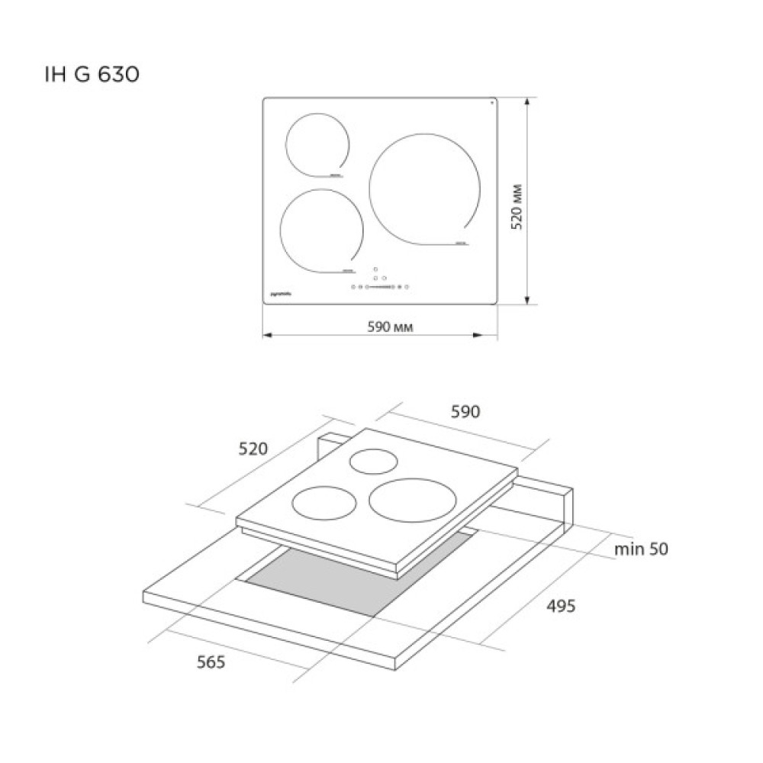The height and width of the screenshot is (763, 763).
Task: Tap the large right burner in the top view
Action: click(425, 189)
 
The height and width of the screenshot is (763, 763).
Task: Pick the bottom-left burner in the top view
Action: click(321, 230)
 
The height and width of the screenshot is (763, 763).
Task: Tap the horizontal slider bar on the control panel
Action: click(381, 288)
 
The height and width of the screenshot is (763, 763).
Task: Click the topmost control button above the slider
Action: click(375, 269)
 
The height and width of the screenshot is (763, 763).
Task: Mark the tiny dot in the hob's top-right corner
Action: click(491, 102)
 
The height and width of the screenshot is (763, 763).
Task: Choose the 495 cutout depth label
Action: click(561, 607)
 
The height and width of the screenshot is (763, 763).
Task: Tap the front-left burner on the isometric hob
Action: click(324, 503)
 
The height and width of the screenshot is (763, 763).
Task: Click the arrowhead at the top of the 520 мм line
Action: click(528, 101)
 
